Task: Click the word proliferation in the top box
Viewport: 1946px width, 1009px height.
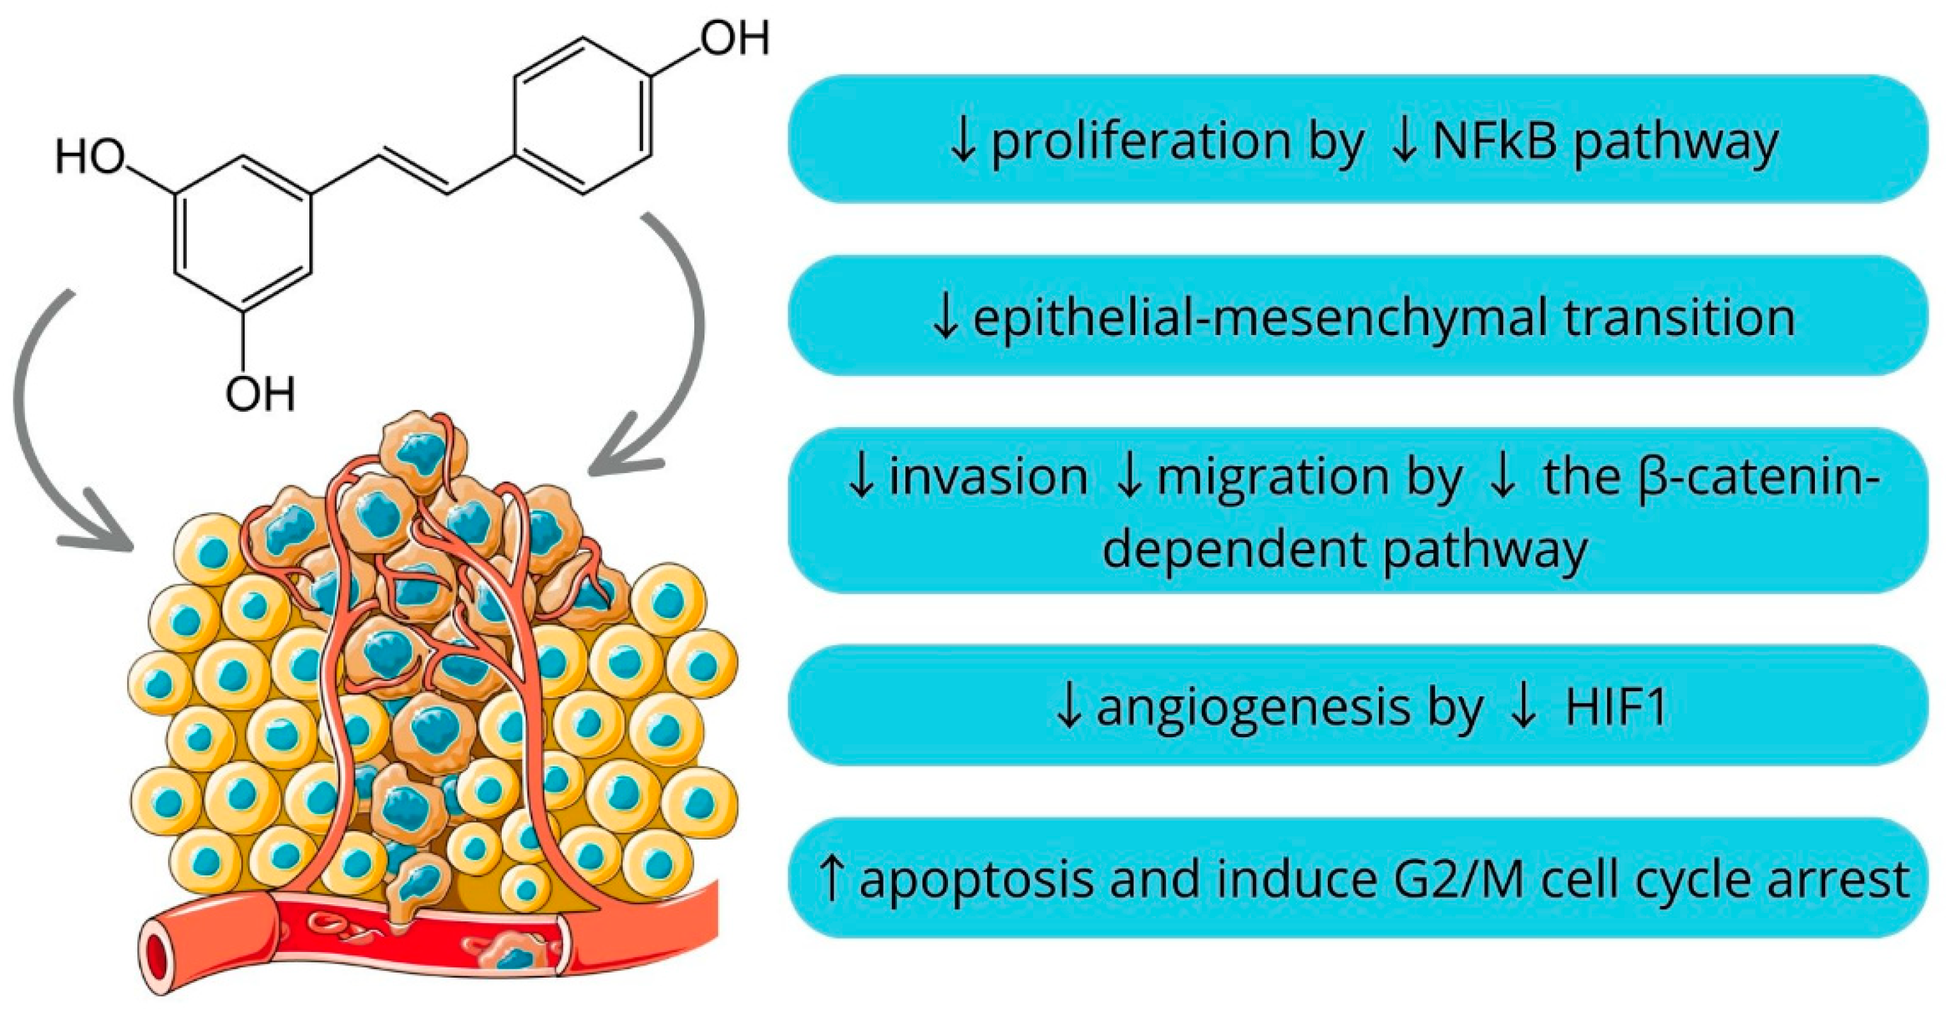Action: tap(1140, 142)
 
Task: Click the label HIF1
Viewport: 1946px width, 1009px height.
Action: tap(1616, 707)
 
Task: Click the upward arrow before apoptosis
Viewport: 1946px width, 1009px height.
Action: tap(831, 879)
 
